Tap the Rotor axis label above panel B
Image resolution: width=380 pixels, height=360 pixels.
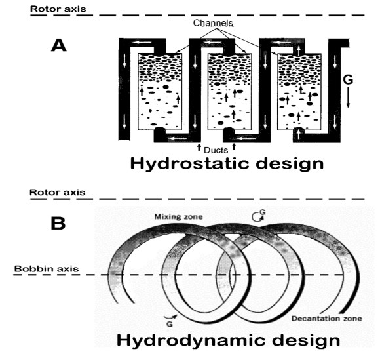[x=58, y=193]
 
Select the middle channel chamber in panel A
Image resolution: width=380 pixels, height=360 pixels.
[x=229, y=91]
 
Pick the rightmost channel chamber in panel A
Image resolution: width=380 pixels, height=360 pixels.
[x=299, y=91]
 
